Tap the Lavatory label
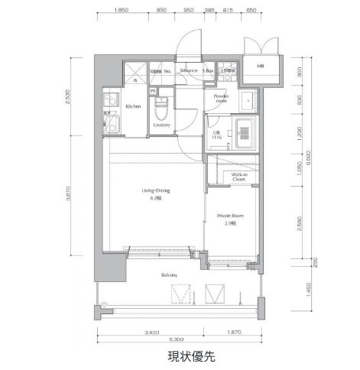161,124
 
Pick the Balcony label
170,275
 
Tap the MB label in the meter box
261,67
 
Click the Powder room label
222,99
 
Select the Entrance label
189,71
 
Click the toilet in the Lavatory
161,103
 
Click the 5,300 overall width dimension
175,339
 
